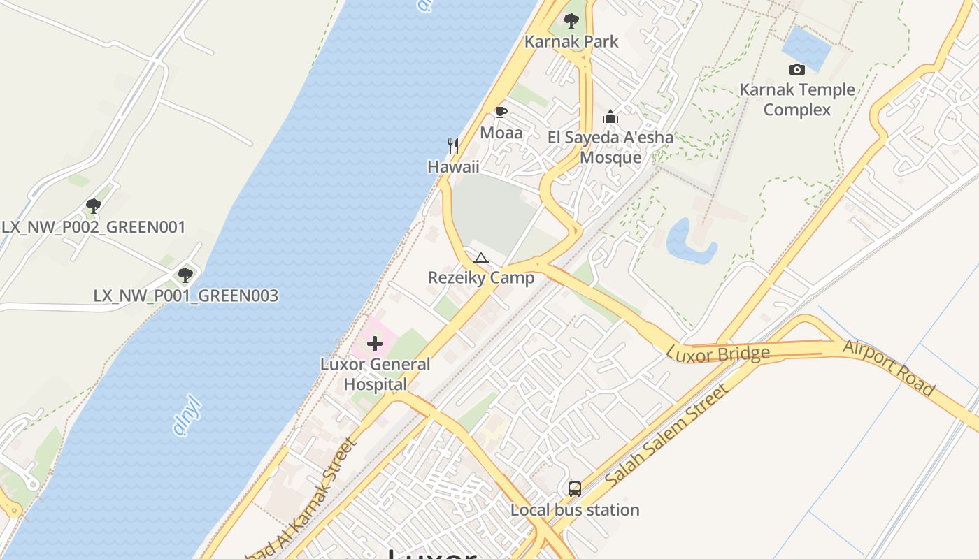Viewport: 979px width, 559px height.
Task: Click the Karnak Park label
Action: (571, 42)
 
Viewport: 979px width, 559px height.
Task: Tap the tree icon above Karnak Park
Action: (571, 21)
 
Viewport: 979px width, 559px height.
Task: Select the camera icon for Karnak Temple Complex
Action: (796, 69)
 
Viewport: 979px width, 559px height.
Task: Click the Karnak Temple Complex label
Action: (797, 100)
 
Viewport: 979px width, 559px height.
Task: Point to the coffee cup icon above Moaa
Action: (501, 112)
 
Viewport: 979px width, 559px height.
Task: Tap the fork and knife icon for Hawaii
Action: (453, 146)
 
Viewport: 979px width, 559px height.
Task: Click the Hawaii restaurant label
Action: (453, 166)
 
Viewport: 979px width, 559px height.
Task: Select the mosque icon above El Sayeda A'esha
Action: (610, 117)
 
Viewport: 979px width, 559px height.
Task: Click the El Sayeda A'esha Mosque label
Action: (610, 147)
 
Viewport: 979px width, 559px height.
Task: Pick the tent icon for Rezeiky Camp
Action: (480, 259)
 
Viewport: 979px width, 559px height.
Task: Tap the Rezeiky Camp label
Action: (481, 278)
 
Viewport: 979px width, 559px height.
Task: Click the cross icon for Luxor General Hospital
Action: (375, 344)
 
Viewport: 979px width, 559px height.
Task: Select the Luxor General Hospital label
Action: (376, 375)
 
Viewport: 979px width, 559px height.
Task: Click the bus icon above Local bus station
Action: (575, 489)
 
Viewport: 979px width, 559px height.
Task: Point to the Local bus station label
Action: (575, 510)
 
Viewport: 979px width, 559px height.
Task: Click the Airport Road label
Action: (889, 368)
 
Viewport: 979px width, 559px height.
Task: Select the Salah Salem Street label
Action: (667, 436)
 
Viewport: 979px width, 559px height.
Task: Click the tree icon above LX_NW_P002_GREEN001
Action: (94, 206)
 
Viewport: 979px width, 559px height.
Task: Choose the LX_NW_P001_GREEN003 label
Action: (186, 296)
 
